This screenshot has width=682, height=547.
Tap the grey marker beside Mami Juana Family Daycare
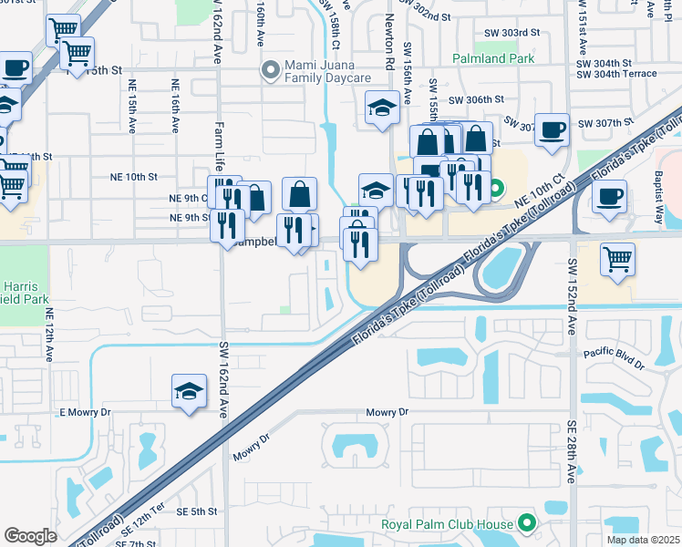click(270, 69)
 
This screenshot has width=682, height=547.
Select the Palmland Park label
click(493, 60)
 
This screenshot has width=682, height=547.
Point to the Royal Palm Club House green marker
click(526, 523)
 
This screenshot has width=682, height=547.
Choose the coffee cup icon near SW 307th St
click(552, 129)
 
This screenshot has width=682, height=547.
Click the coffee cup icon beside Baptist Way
click(609, 195)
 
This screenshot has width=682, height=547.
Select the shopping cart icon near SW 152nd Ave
click(617, 260)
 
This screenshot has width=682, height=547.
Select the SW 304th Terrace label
click(628, 77)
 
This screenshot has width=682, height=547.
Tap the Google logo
click(30, 536)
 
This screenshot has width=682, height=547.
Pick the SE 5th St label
click(197, 512)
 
